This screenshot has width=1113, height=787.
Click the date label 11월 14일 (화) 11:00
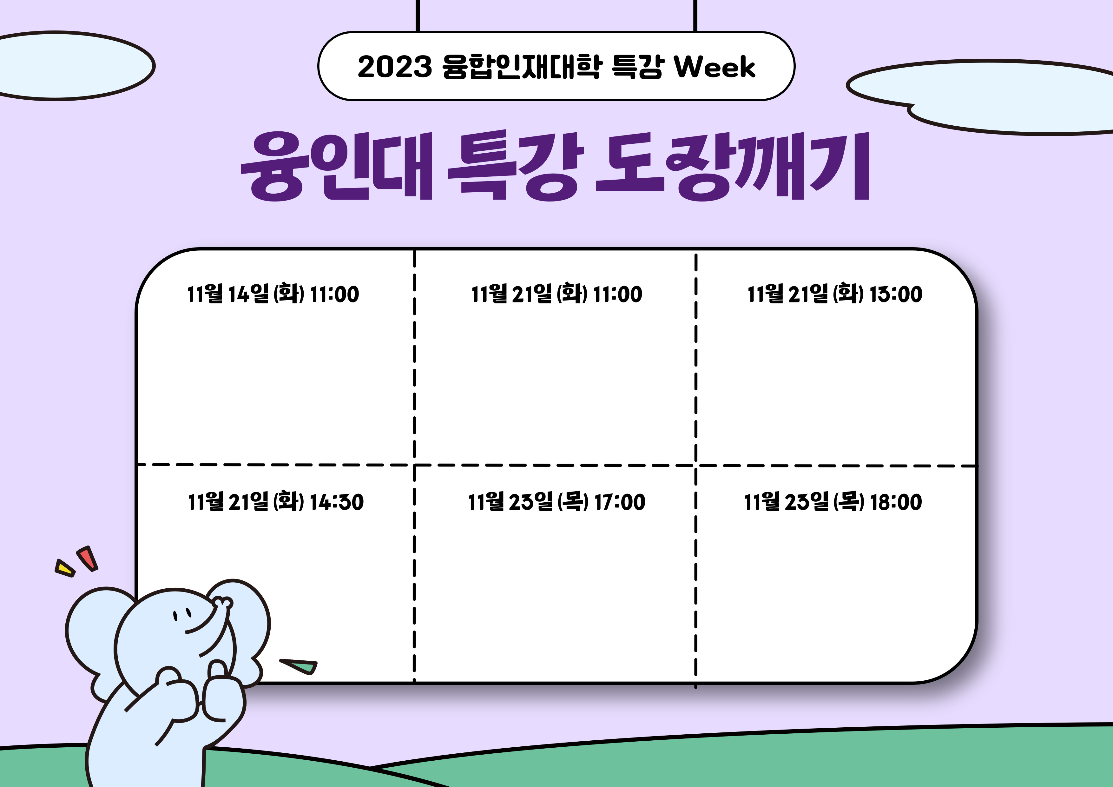273,294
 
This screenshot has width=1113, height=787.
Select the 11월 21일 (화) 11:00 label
556,294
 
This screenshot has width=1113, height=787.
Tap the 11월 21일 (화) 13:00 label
835,294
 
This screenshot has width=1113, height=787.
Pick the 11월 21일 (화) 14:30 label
275,502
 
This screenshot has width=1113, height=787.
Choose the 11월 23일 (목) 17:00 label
556,502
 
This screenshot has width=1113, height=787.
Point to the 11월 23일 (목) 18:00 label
833,502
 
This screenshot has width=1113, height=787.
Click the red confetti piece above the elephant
87,558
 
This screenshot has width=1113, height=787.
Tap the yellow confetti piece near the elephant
65,568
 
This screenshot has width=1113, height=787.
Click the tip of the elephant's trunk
223,603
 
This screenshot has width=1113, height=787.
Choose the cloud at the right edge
984,97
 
